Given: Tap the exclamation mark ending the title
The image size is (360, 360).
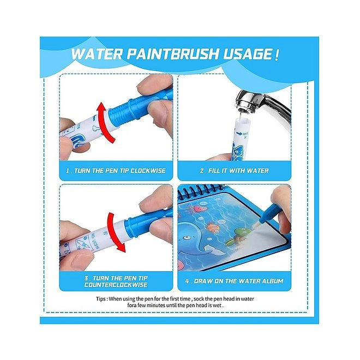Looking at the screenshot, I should tap(277, 54).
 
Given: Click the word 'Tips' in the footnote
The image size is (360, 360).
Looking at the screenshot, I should tap(100, 299).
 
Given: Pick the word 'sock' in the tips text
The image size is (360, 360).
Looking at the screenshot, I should tap(193, 299).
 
